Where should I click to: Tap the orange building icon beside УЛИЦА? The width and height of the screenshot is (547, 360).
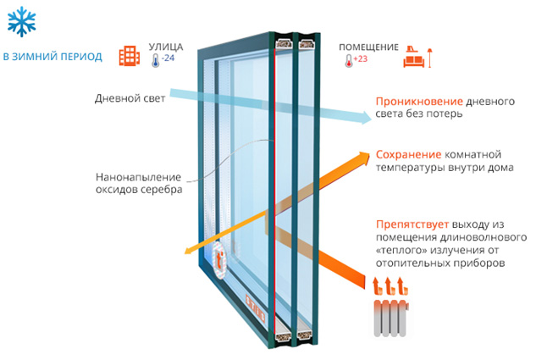point(130,55)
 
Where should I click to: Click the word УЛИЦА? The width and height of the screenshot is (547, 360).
point(165,47)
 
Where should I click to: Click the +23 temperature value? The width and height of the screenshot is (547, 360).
point(361,59)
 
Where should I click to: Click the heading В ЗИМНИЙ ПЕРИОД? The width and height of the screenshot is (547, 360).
point(52,57)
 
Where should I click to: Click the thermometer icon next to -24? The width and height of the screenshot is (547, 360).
point(156,60)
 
